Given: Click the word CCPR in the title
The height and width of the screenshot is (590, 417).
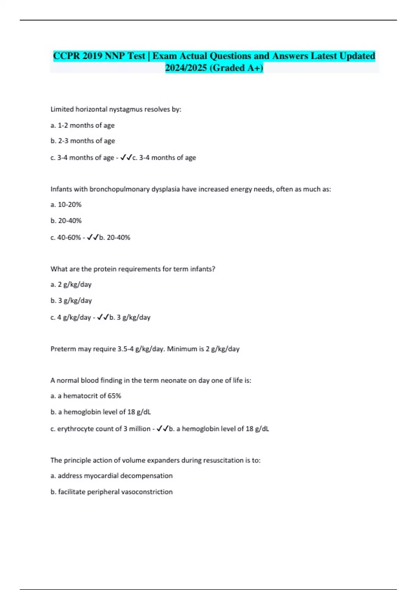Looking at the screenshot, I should (x=67, y=56).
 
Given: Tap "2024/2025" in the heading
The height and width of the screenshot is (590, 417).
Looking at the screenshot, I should (x=186, y=68).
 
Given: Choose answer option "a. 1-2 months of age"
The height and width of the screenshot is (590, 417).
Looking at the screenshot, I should (x=82, y=125).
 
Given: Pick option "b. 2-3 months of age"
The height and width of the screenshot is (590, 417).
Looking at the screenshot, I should (x=83, y=141).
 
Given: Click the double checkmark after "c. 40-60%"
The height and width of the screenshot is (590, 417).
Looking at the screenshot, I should (x=93, y=237).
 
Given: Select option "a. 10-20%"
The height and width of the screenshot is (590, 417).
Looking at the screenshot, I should (x=66, y=205).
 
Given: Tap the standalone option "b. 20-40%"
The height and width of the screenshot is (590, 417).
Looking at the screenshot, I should (x=66, y=221).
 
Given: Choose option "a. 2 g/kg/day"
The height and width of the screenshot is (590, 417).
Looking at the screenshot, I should (x=71, y=285).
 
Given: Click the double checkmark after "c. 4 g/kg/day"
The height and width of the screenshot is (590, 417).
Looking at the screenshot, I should (x=103, y=317).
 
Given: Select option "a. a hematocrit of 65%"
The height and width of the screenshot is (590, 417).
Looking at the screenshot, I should (x=86, y=396).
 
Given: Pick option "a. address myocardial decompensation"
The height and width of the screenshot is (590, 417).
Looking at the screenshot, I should (x=112, y=476).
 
